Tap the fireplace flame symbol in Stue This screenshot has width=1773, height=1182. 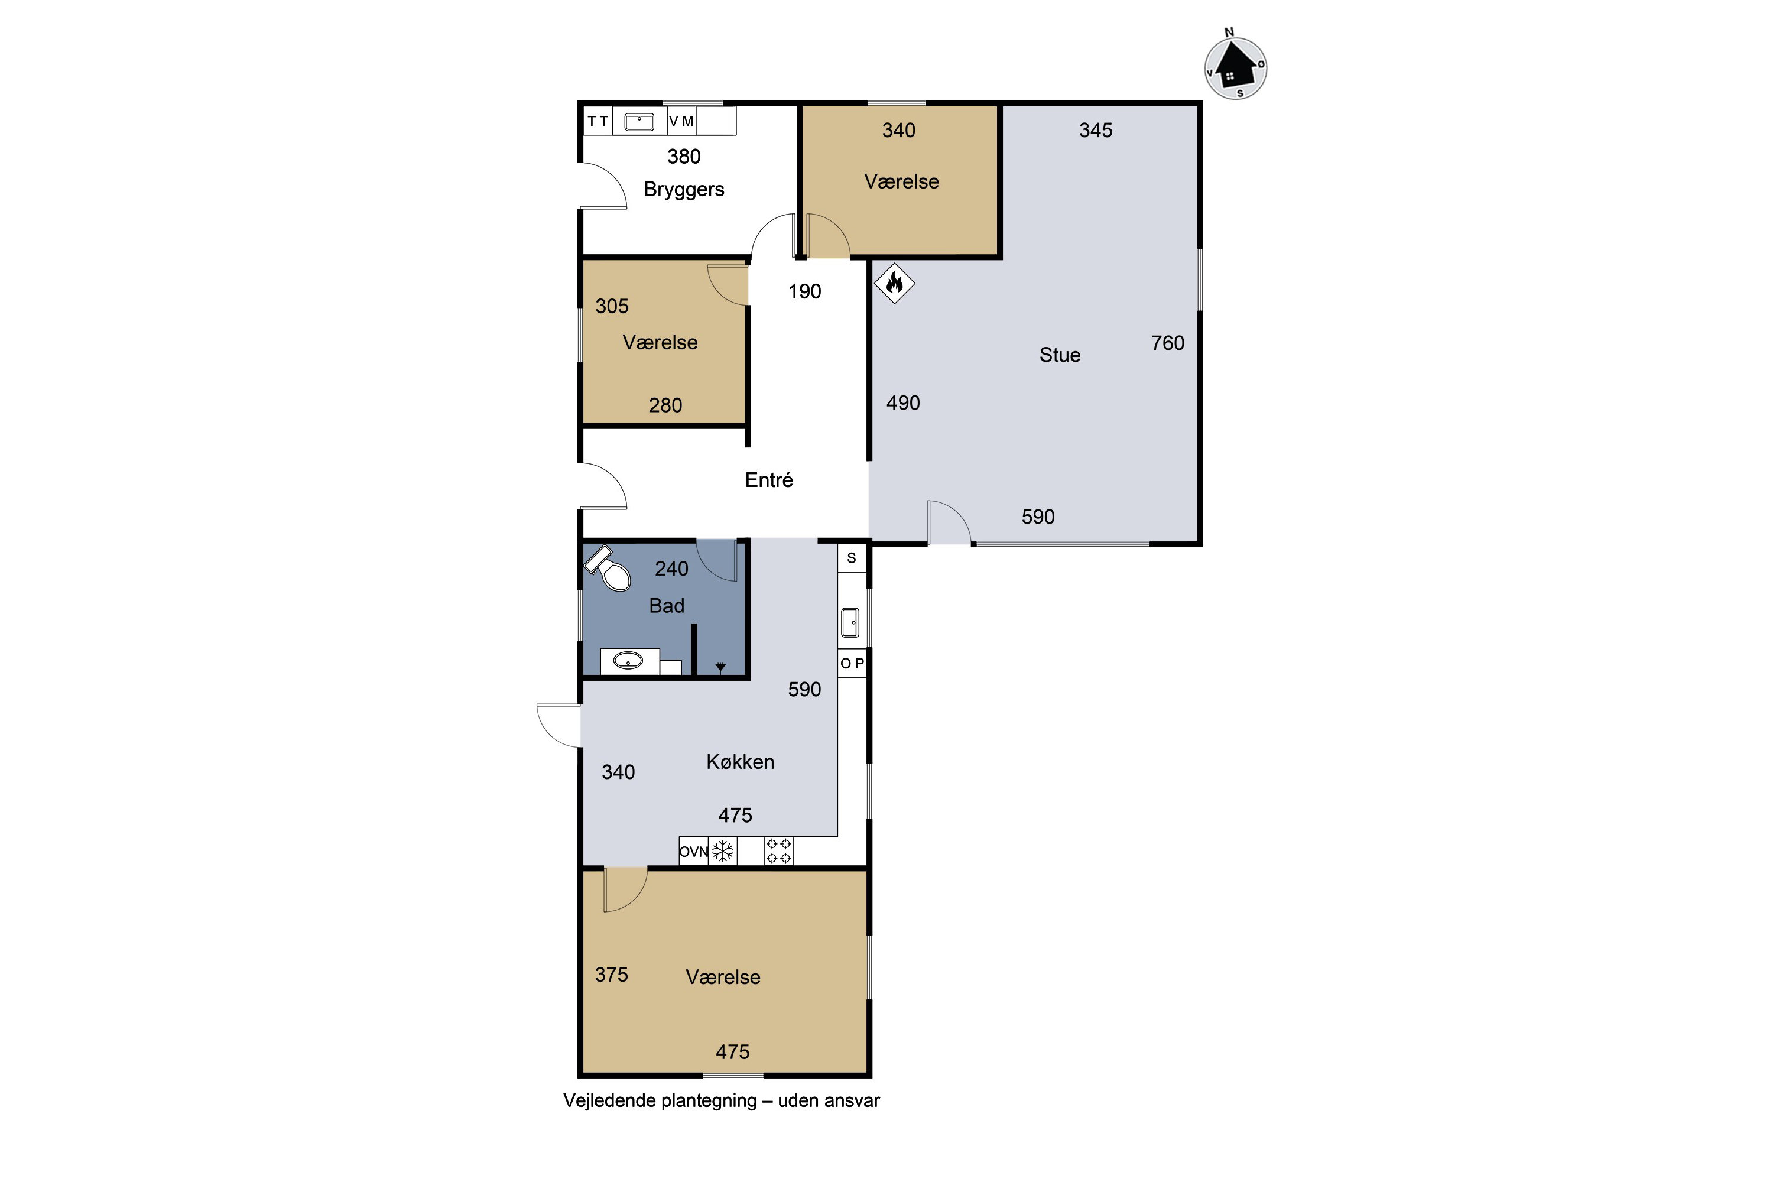tap(894, 284)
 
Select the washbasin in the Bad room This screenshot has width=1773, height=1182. tap(628, 661)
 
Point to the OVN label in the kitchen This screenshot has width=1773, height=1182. tap(693, 852)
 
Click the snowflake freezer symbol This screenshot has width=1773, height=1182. tap(723, 851)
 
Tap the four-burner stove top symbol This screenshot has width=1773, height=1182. tap(779, 851)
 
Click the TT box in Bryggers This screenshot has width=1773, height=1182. tap(598, 121)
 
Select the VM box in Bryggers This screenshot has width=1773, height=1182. tap(681, 121)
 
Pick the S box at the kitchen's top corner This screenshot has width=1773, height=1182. tap(852, 558)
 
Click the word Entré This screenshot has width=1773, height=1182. tap(769, 479)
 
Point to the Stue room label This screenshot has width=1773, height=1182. tap(1060, 355)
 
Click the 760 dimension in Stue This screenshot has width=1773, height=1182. tap(1168, 343)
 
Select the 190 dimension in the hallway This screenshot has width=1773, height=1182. tap(804, 292)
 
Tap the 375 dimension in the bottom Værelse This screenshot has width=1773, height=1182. tap(611, 975)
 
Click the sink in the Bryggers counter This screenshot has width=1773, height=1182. tap(639, 121)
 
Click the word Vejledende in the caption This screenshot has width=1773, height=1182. tap(611, 1100)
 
